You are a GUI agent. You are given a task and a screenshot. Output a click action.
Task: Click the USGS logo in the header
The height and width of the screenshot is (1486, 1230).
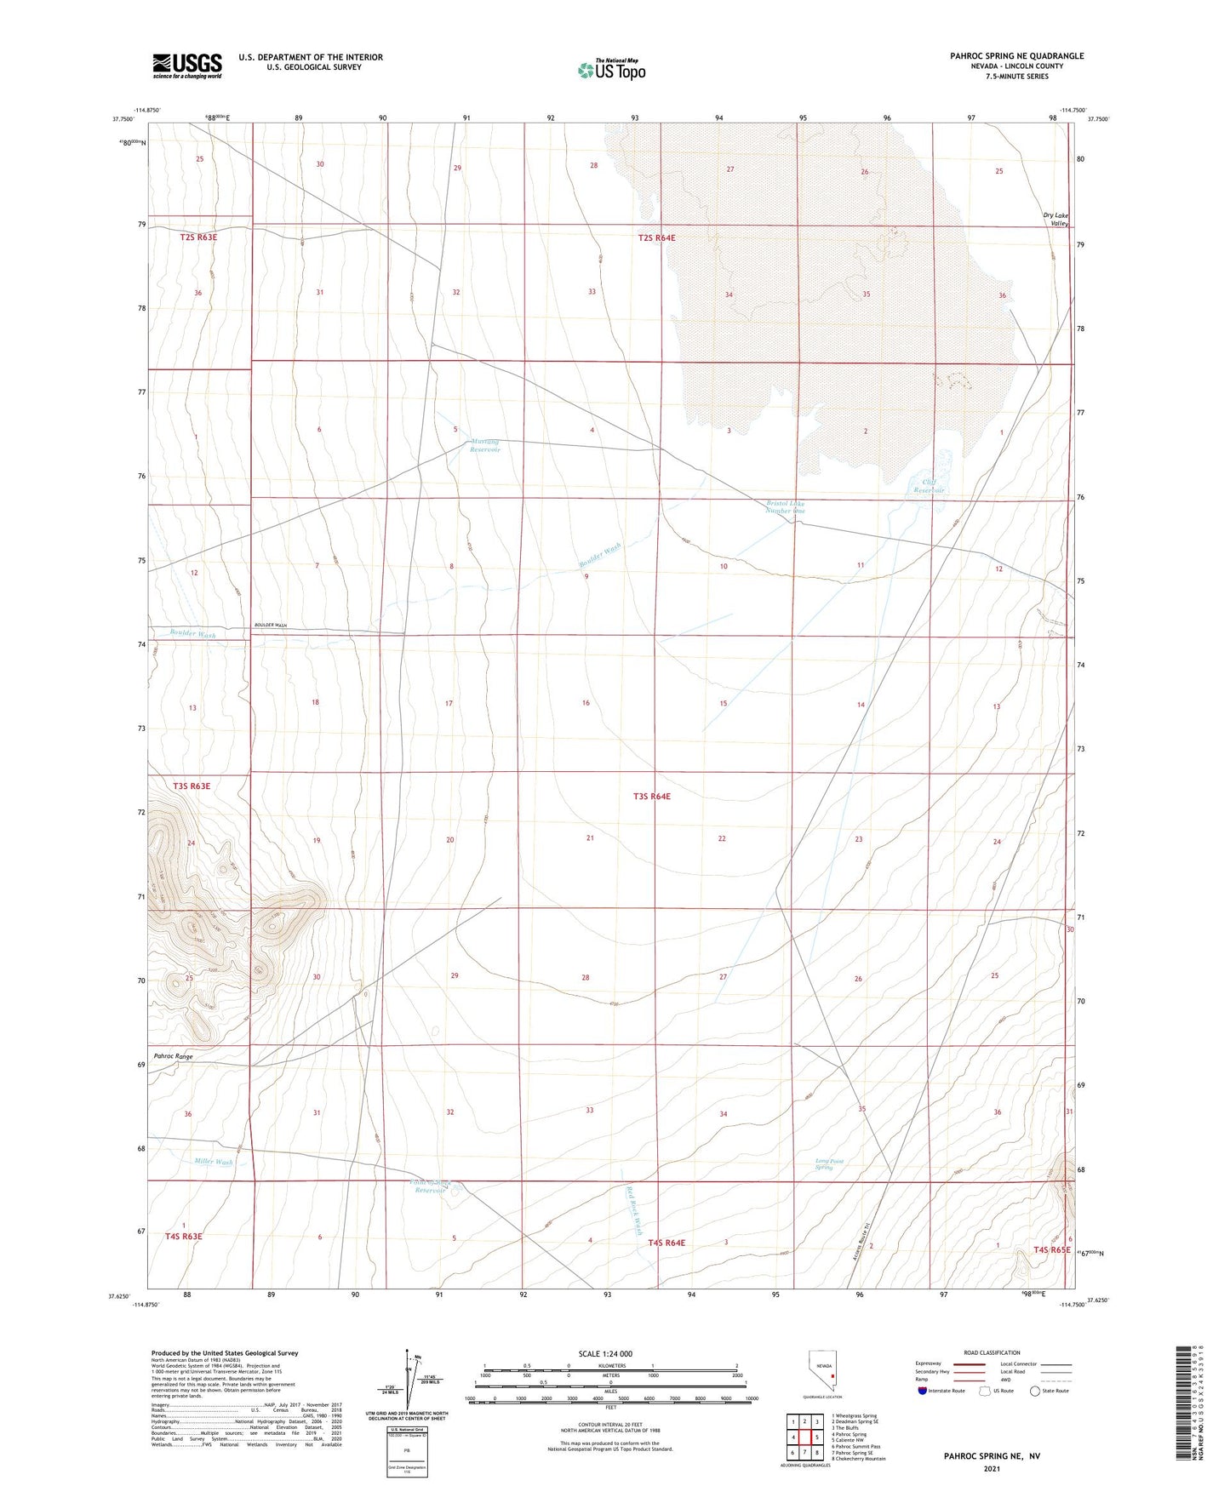(187, 66)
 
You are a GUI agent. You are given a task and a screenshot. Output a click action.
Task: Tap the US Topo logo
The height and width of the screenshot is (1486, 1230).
(610, 69)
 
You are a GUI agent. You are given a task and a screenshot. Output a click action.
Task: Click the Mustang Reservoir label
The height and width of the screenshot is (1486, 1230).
(485, 445)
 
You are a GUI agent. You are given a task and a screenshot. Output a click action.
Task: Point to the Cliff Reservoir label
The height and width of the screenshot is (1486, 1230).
(929, 486)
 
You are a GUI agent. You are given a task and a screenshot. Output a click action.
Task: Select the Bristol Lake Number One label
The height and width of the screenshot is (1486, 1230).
(785, 506)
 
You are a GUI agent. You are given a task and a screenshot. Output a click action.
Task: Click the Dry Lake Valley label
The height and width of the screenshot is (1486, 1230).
(1056, 219)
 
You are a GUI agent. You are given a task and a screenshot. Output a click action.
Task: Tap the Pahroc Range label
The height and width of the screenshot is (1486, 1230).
(174, 1056)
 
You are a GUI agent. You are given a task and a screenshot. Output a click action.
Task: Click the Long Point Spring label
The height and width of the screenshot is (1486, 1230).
(824, 1163)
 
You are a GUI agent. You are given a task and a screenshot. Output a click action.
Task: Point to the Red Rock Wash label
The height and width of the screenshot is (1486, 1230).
(633, 1209)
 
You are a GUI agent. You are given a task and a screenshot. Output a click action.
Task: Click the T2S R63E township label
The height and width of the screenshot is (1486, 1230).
(198, 237)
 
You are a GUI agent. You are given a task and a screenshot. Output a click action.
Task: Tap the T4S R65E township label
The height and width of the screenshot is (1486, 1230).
(1052, 1249)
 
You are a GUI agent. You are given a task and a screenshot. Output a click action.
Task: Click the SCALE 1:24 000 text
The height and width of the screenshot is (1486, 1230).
(605, 1354)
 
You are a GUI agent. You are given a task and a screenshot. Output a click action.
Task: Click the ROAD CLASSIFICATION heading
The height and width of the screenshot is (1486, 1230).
(992, 1352)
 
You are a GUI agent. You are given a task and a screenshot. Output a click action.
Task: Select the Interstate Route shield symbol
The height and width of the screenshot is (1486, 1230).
(924, 1391)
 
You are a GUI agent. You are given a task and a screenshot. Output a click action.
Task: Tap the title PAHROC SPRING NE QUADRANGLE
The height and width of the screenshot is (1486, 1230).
(1016, 56)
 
